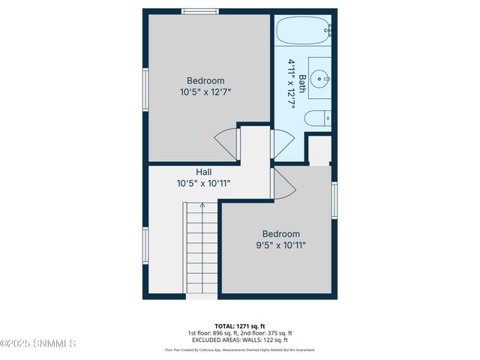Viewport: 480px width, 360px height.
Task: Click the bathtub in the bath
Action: pyautogui.click(x=304, y=31)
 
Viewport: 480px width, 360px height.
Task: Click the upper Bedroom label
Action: pyautogui.click(x=205, y=81)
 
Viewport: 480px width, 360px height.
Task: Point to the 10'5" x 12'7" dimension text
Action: pyautogui.click(x=205, y=93)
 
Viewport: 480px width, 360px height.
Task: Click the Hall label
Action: pyautogui.click(x=203, y=171)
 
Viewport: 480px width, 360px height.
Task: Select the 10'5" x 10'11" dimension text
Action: pyautogui.click(x=203, y=183)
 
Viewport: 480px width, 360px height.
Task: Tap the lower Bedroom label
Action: pyautogui.click(x=280, y=233)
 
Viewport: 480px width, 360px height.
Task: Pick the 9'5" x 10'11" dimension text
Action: pyautogui.click(x=280, y=245)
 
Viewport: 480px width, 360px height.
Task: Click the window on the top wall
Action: pyautogui.click(x=200, y=11)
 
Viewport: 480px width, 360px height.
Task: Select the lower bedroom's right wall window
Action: pyautogui.click(x=334, y=199)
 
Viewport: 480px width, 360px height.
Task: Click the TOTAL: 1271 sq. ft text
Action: pyautogui.click(x=239, y=325)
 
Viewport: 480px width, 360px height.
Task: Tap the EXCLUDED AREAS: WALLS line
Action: pyautogui.click(x=239, y=340)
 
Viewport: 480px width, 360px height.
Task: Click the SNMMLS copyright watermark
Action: pyautogui.click(x=39, y=343)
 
